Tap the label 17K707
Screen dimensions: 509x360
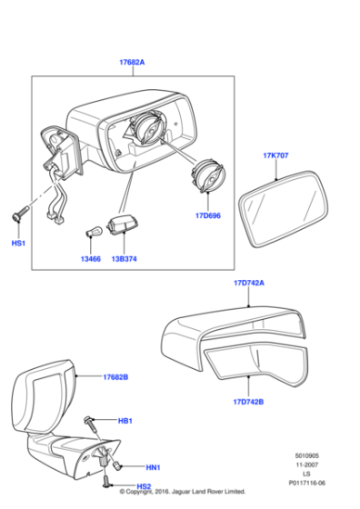[x=275, y=155]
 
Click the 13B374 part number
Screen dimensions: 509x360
[x=124, y=259]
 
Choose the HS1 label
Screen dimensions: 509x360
[x=18, y=244]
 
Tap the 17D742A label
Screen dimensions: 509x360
[x=248, y=284]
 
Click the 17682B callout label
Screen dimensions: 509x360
[x=115, y=376]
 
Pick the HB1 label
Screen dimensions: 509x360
[x=125, y=421]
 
